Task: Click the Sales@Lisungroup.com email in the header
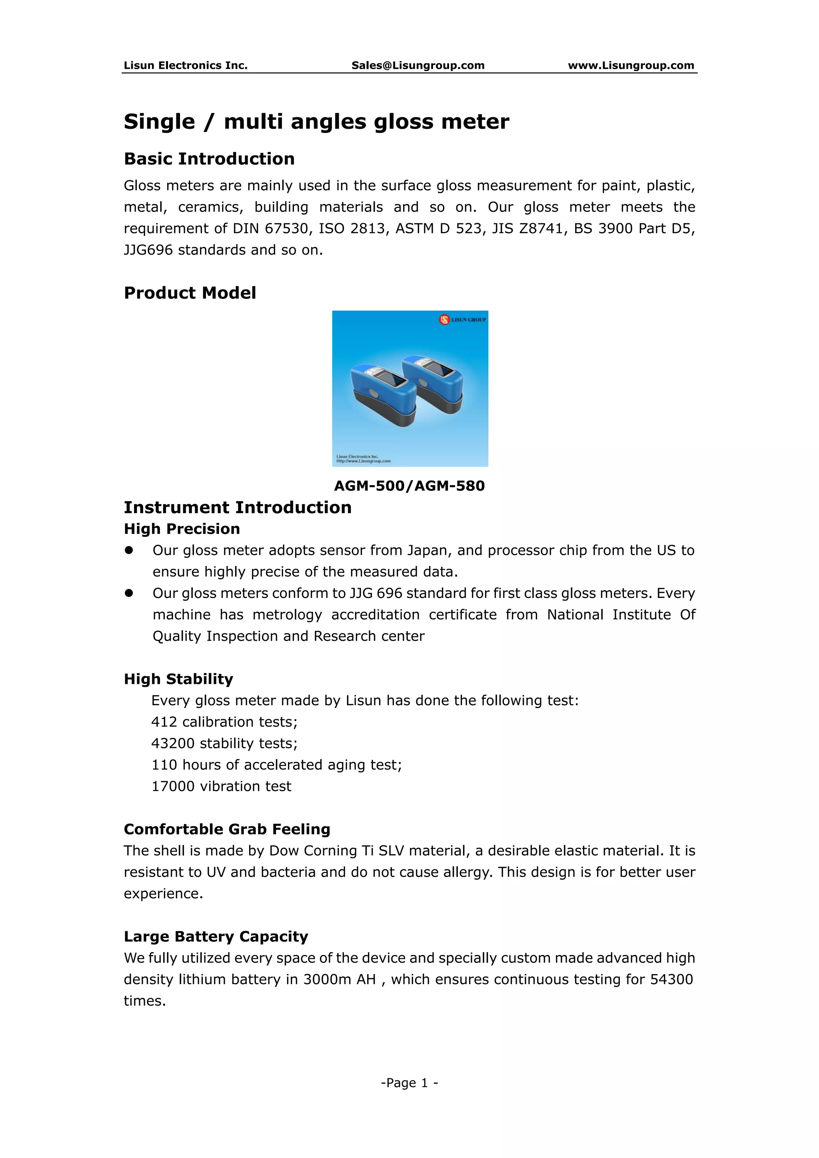click(x=417, y=65)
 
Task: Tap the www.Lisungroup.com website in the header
click(x=631, y=65)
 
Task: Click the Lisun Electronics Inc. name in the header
click(x=186, y=65)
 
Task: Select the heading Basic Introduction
click(x=209, y=159)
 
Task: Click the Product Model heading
click(x=190, y=293)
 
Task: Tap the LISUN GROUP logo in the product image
click(x=462, y=319)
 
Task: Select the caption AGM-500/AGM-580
click(x=409, y=486)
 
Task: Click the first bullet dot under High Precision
click(x=129, y=550)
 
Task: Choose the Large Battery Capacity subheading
click(x=216, y=937)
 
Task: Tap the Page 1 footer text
click(x=409, y=1083)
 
